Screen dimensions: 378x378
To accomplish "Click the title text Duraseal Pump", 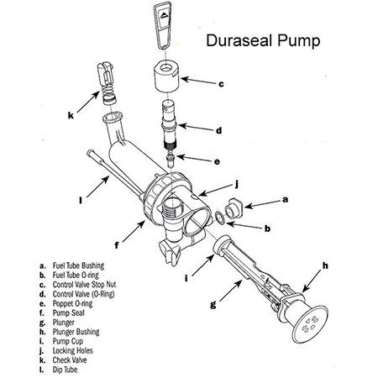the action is click(x=263, y=40).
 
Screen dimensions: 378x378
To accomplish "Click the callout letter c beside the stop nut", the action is click(x=221, y=84).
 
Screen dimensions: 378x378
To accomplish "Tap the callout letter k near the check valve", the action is click(x=71, y=115).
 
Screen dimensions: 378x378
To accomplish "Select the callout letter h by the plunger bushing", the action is click(x=325, y=265).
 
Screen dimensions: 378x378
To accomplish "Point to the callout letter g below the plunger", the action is click(x=213, y=304).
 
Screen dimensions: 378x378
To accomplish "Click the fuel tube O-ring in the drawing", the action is click(x=220, y=218).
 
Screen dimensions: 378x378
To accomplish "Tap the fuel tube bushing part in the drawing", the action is click(x=234, y=208).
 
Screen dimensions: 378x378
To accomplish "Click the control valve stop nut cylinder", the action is click(x=167, y=76).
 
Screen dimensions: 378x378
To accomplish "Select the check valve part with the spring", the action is click(x=106, y=84).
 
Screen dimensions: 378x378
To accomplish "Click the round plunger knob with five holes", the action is click(x=310, y=324).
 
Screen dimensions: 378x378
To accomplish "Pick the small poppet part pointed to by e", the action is click(x=171, y=160).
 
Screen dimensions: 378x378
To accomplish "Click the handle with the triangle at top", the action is click(x=162, y=25).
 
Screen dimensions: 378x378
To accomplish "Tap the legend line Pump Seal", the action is click(x=62, y=312).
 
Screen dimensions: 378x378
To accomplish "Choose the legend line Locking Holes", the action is click(x=66, y=350).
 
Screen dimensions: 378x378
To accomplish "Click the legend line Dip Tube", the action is click(x=58, y=370).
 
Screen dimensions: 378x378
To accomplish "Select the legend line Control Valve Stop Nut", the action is click(x=77, y=285).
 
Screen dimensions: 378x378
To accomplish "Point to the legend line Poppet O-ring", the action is click(x=66, y=303).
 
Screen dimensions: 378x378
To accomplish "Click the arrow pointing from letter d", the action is click(x=196, y=128).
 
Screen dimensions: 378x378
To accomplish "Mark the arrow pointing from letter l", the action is click(x=97, y=186).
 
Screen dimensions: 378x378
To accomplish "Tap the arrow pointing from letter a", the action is click(x=262, y=204).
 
